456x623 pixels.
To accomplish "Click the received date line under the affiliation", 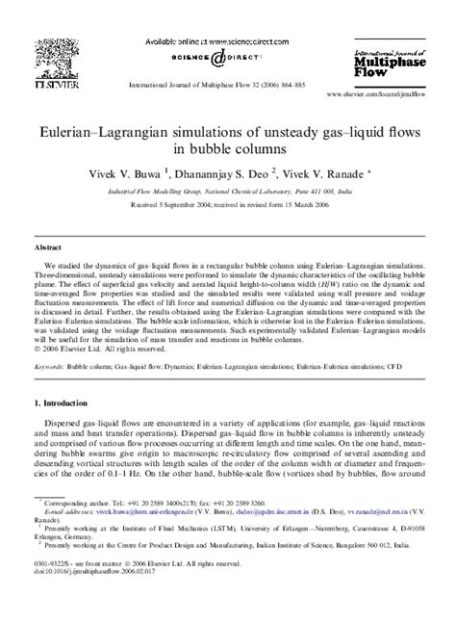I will (227, 205).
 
